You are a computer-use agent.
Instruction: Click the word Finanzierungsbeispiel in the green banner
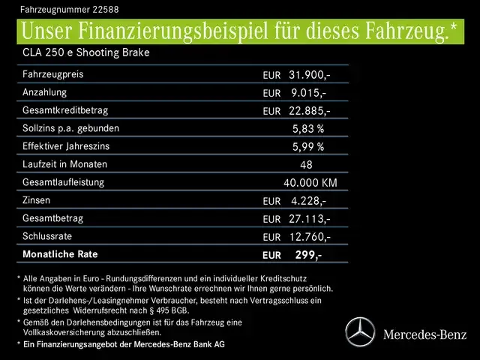(x=180, y=32)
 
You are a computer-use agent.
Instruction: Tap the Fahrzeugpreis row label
(x=53, y=75)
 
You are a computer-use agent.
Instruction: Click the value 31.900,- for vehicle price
(x=308, y=75)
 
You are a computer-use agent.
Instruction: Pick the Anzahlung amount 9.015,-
(x=308, y=93)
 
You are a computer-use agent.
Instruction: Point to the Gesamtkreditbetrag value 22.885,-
(x=308, y=111)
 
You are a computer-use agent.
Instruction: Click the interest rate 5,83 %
(x=308, y=129)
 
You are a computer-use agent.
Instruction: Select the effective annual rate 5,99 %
(x=308, y=147)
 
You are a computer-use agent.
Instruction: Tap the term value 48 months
(x=306, y=165)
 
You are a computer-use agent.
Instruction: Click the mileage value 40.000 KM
(x=310, y=183)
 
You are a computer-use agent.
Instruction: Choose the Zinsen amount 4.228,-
(x=308, y=201)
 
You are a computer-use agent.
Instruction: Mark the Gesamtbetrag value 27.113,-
(x=308, y=219)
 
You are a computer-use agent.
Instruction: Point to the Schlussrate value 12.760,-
(x=308, y=237)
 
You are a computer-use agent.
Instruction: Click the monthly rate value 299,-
(x=307, y=255)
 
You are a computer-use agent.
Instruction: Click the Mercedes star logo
(x=358, y=331)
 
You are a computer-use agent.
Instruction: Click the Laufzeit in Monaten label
(x=64, y=164)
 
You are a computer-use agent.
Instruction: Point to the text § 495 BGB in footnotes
(x=169, y=311)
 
